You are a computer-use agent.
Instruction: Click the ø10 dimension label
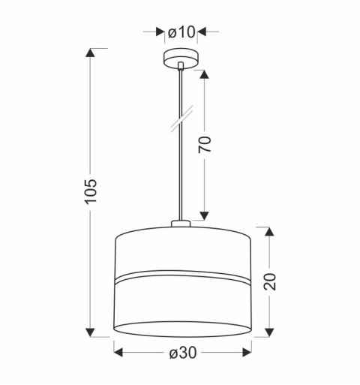coord(181,32)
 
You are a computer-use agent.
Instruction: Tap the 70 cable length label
coord(205,144)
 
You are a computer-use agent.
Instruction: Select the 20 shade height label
coord(271,281)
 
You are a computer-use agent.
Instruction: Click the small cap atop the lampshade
coord(181,223)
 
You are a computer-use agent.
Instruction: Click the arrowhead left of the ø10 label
coord(159,32)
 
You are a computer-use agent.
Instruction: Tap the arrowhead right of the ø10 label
coord(203,32)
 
